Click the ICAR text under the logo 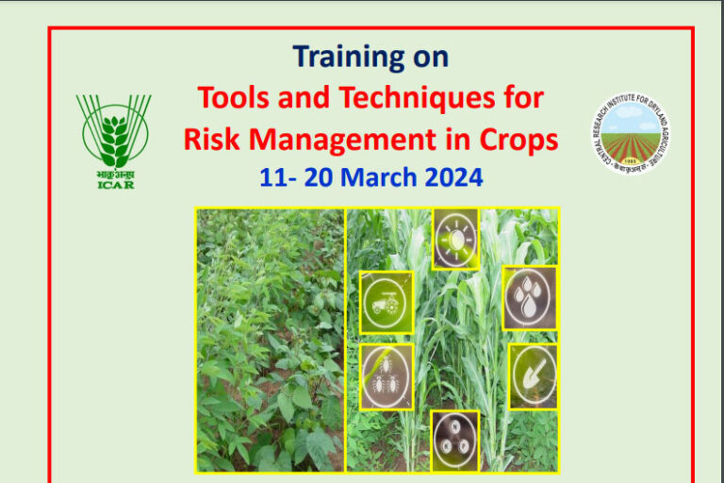116,184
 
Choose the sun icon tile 455,239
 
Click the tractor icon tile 386,302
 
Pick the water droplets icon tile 528,298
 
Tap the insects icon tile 386,375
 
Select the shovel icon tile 534,375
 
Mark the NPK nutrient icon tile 455,441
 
